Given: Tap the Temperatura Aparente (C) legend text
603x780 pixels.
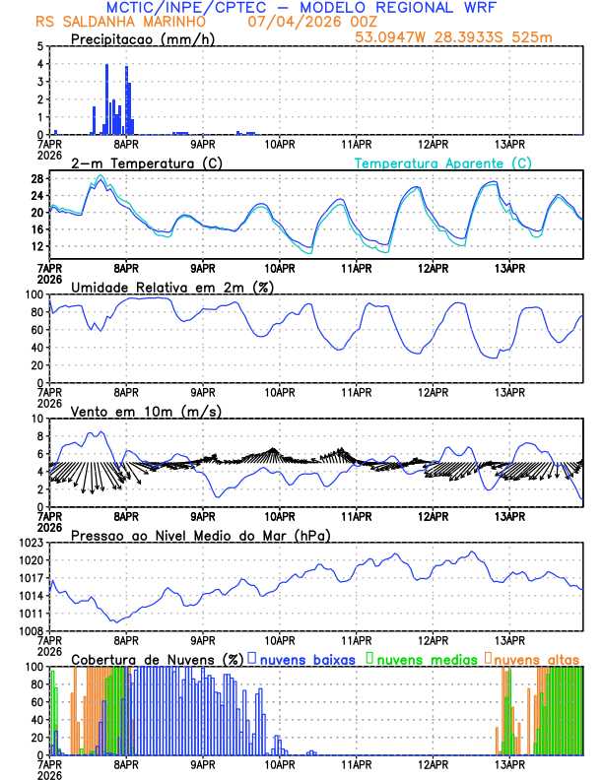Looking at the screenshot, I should [x=442, y=162].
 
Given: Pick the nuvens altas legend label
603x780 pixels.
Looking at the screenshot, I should [x=536, y=658].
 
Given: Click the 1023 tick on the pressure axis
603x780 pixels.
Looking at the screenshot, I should [x=32, y=543].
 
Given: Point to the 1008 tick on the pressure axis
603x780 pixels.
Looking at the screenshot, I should [x=32, y=631].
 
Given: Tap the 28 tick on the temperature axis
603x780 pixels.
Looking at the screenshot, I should [x=36, y=178].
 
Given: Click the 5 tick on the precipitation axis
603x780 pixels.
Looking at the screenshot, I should [x=39, y=46].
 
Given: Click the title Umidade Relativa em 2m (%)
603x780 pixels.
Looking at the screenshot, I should [x=172, y=287].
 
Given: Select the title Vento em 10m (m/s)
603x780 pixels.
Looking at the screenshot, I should [x=146, y=411].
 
